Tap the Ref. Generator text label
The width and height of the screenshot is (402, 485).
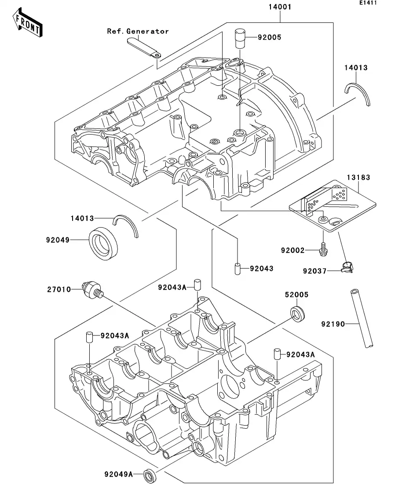coord(138,31)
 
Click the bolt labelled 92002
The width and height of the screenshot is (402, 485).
coord(323,248)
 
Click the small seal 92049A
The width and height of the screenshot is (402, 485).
coord(150,475)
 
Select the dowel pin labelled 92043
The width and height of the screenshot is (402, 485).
coord(236,269)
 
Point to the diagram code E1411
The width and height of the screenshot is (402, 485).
coord(368,3)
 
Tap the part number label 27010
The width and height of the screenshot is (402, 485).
coord(59,289)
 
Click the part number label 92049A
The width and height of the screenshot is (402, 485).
coord(118,474)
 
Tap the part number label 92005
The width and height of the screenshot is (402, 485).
coord(269,37)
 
